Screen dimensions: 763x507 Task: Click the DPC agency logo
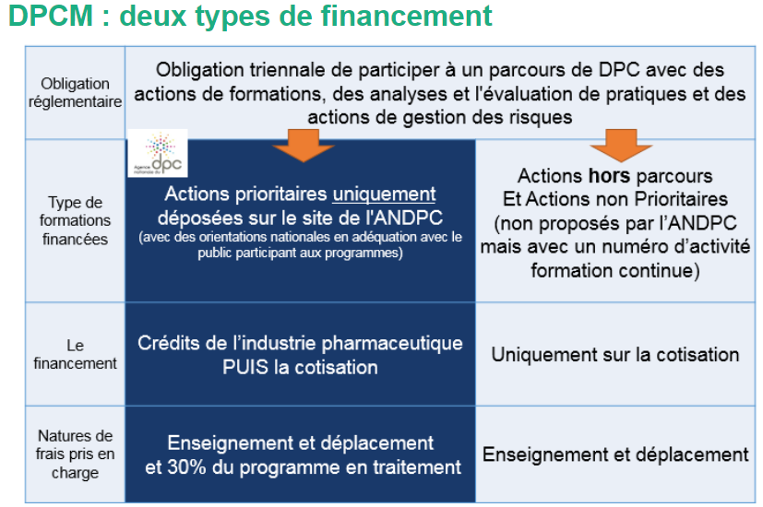[158, 153]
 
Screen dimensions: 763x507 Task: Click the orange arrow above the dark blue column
[304, 146]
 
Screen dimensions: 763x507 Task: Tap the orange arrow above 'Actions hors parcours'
[621, 146]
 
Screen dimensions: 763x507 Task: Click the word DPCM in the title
[51, 16]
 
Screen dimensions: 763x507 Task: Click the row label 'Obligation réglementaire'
[75, 92]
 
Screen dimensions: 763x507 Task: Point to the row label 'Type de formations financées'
[75, 220]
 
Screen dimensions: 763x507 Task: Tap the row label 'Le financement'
[75, 354]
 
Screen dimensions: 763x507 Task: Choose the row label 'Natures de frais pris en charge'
[75, 454]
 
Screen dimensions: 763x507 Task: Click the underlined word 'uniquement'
[384, 194]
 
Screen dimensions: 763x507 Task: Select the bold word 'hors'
[609, 175]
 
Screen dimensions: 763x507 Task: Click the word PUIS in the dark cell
[245, 367]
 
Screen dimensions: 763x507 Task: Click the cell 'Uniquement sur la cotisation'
[615, 354]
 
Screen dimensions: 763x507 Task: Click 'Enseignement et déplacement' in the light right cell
[615, 454]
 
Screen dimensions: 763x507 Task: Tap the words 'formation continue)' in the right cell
[615, 270]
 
